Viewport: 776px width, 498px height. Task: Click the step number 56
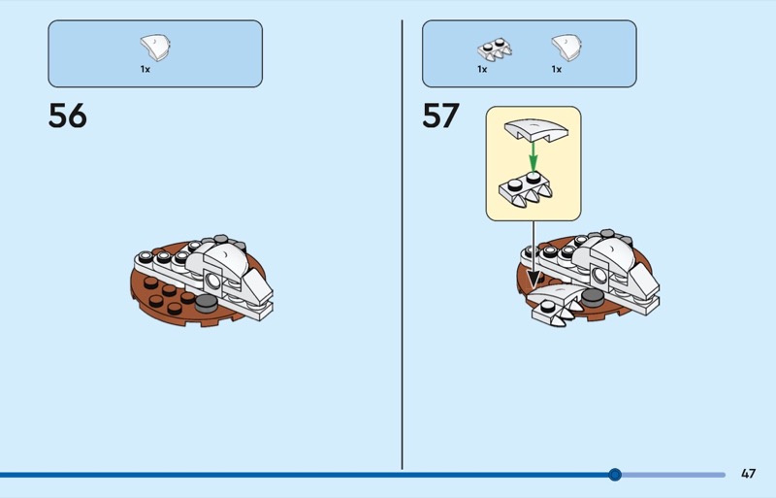pos(67,116)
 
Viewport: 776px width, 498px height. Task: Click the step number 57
pos(440,116)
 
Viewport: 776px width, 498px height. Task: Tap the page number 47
pos(748,474)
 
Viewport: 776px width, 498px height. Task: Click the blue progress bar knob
pos(614,475)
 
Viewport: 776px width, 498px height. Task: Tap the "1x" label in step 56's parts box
pos(145,70)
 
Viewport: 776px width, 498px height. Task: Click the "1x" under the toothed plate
pos(481,70)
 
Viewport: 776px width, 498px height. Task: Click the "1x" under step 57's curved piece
pos(557,70)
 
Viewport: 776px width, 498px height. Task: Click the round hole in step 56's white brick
pos(212,281)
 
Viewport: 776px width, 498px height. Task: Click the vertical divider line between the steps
pos(402,243)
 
